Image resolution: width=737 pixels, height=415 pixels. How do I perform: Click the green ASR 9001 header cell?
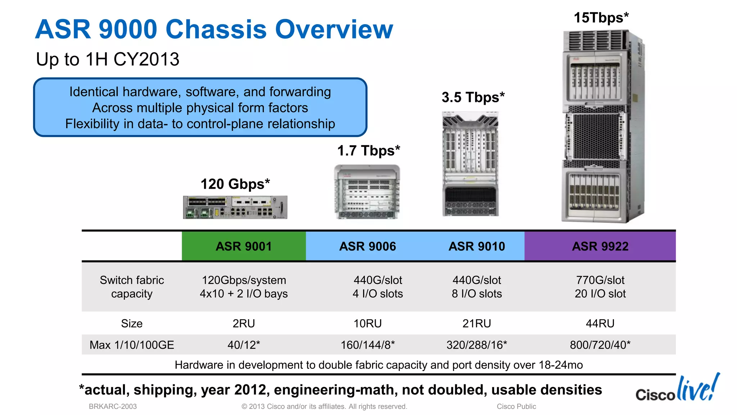click(244, 246)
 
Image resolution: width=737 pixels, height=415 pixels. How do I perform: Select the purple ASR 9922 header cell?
click(600, 246)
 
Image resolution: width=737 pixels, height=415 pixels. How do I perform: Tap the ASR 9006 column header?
click(367, 246)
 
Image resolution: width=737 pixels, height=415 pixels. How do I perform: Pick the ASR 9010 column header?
click(476, 246)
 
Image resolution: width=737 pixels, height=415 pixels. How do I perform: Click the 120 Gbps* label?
click(235, 184)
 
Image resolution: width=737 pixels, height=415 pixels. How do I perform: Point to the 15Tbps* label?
click(601, 18)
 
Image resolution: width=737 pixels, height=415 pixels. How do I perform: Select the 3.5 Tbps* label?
click(473, 97)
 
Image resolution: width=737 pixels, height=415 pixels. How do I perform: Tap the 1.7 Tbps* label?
click(368, 151)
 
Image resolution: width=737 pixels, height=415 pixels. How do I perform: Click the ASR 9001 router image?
click(235, 207)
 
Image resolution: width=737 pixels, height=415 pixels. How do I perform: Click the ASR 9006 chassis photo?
click(367, 192)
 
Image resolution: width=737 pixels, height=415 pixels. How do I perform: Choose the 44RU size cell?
click(600, 323)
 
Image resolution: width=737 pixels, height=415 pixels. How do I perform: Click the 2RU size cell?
click(244, 323)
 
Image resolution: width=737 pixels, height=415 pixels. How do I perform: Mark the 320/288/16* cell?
click(476, 345)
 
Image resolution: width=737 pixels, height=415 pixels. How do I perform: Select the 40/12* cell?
click(244, 345)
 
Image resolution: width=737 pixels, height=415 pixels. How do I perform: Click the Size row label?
click(132, 323)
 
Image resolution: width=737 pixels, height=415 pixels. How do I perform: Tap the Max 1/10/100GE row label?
click(132, 345)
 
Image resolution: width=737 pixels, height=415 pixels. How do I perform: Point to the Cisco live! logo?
click(678, 389)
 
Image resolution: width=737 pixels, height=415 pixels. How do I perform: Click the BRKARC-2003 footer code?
click(113, 406)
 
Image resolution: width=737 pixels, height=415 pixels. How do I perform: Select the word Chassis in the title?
click(216, 29)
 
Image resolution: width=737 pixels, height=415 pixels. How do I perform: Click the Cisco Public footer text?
click(516, 406)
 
